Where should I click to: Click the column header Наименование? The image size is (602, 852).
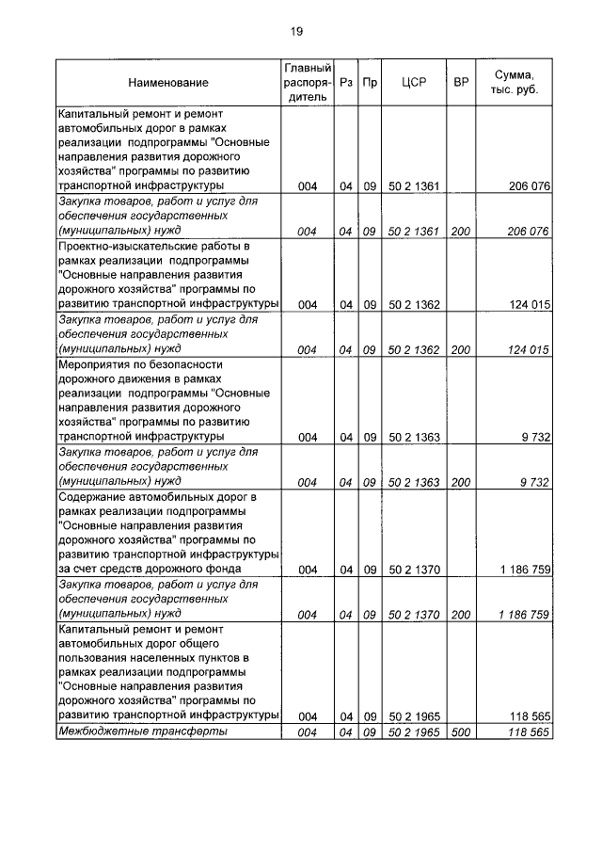click(166, 83)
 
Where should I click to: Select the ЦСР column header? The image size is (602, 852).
click(414, 83)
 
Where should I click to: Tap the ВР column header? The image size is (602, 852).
click(461, 83)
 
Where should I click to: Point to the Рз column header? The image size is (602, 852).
click(346, 83)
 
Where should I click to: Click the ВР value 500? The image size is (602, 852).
click(461, 732)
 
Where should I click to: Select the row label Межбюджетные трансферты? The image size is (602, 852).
click(142, 732)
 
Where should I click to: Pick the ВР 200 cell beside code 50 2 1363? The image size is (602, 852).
click(461, 482)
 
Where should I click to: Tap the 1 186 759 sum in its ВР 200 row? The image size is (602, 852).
click(520, 615)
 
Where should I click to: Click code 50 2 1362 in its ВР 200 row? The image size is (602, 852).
click(414, 349)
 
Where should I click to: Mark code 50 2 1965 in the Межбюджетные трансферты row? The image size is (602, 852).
click(414, 732)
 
